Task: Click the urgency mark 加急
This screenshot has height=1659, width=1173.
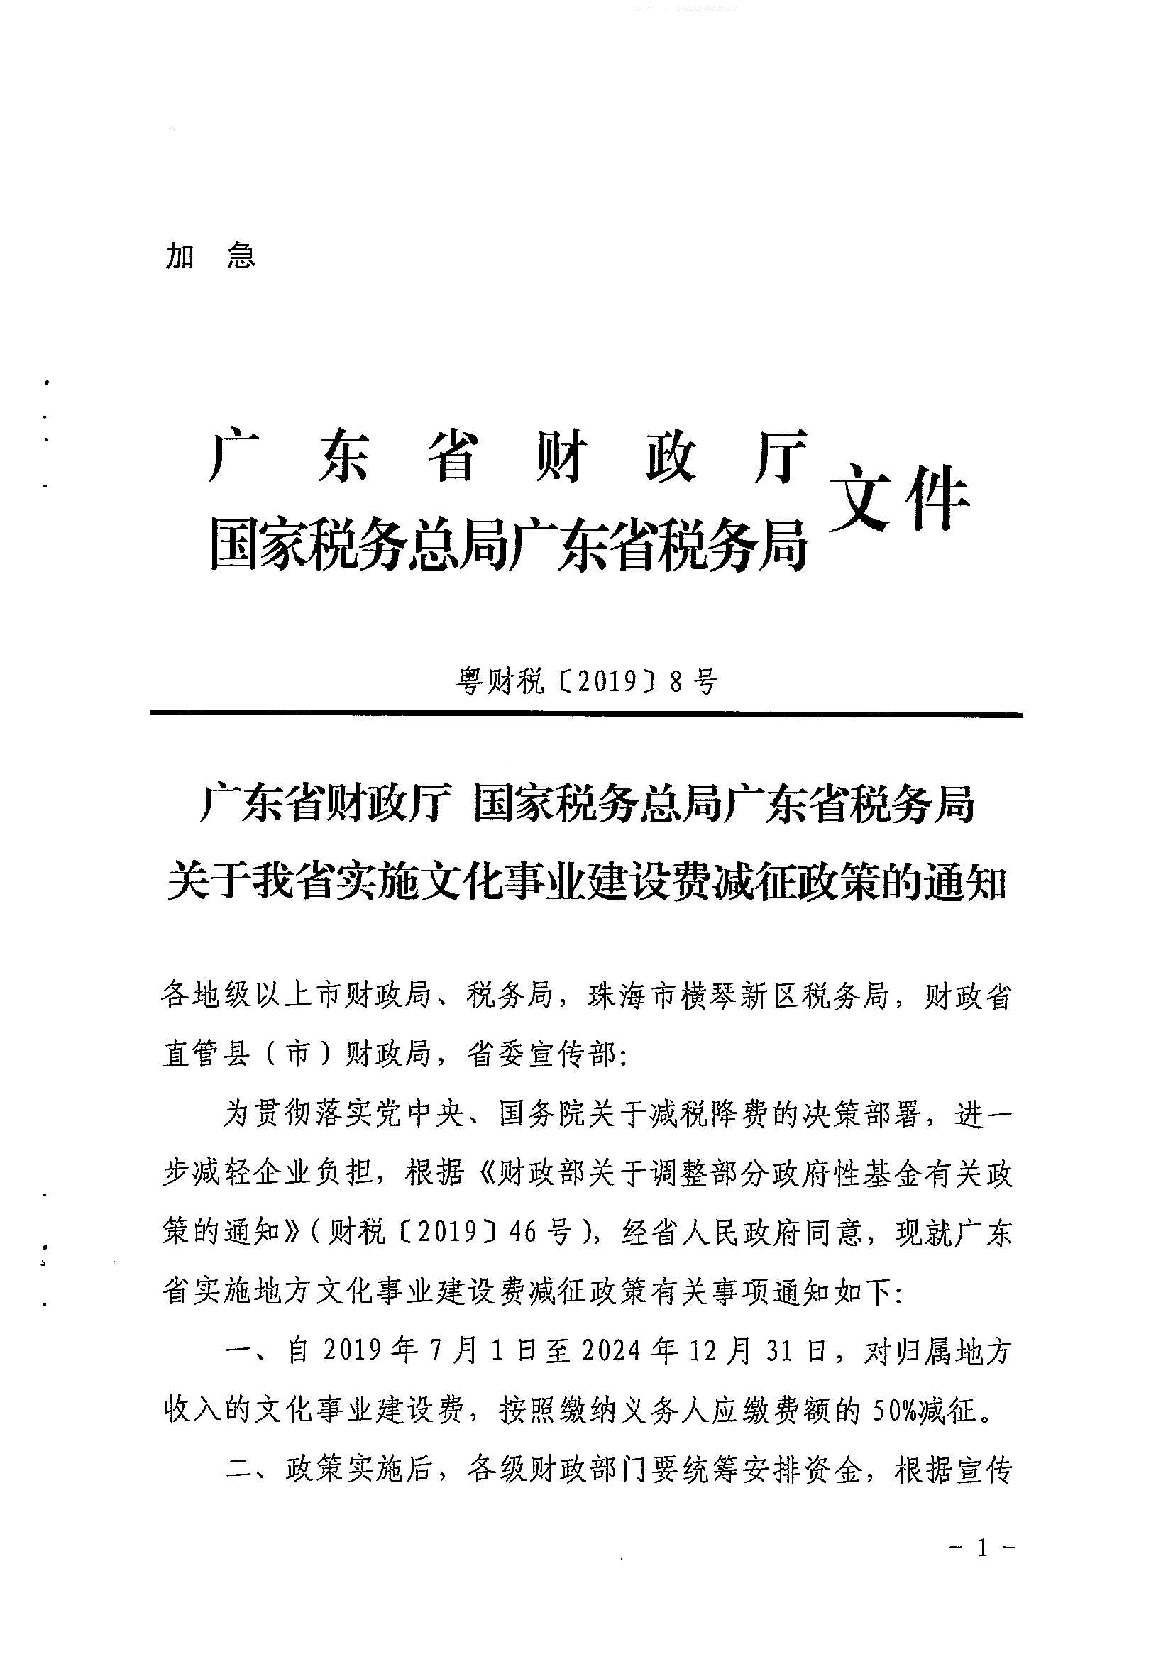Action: pyautogui.click(x=210, y=255)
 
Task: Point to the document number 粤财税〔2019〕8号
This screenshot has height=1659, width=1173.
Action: pyautogui.click(x=586, y=680)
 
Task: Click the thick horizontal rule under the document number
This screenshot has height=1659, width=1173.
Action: pyautogui.click(x=586, y=715)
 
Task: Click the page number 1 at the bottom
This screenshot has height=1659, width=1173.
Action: pyautogui.click(x=981, y=1548)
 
